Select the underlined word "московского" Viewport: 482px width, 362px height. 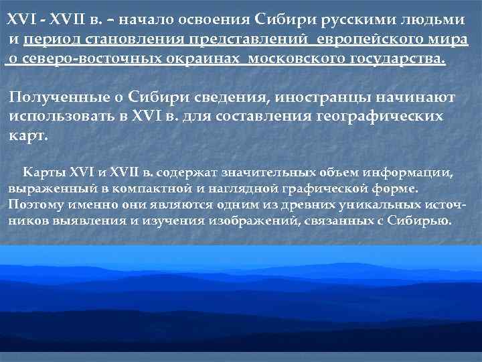(x=297, y=58)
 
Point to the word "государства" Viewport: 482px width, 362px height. (x=396, y=58)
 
